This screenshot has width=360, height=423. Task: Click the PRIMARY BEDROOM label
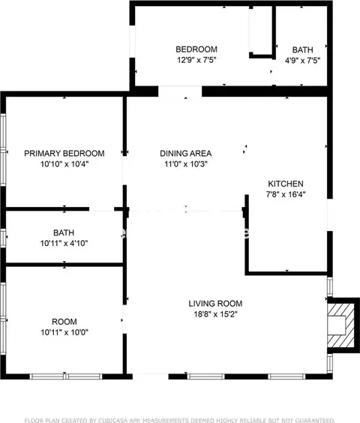coord(64,153)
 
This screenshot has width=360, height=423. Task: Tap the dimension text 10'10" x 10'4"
coord(64,163)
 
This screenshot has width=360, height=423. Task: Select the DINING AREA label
coord(186,153)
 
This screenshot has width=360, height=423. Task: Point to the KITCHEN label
coord(286,184)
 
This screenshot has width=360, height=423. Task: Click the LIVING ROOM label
coord(215,304)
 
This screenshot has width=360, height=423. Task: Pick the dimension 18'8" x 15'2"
coord(215,314)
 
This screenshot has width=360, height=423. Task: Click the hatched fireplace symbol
coord(340,325)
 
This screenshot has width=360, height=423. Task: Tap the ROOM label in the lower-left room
coord(64,322)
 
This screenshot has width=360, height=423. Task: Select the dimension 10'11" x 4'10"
coord(64,243)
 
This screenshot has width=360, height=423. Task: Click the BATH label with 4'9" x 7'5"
coord(302,50)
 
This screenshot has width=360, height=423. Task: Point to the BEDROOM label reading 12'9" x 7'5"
coord(196,49)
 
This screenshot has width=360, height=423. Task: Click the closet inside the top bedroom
coord(260,30)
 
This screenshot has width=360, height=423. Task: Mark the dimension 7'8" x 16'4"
coord(286,194)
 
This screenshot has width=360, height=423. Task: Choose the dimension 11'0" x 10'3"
coord(186,163)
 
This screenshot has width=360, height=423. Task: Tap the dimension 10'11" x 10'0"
coord(64,332)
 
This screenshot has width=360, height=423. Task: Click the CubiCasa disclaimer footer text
coord(180,420)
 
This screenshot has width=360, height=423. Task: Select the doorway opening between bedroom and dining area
coord(180,91)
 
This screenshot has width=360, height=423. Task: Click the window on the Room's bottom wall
coord(66,376)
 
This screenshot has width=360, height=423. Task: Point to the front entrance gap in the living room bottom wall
coord(150,376)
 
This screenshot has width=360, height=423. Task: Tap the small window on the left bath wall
coord(3,238)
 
